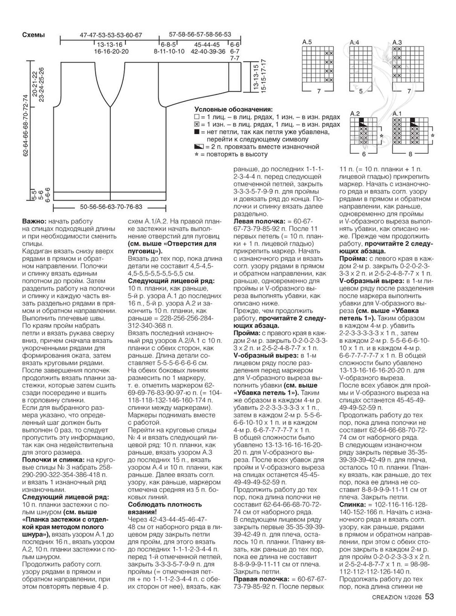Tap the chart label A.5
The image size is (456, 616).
click(x=307, y=42)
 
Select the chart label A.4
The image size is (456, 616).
click(x=354, y=42)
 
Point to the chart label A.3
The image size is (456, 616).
click(x=397, y=42)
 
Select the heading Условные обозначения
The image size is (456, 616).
click(x=233, y=109)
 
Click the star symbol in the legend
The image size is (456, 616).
click(x=197, y=155)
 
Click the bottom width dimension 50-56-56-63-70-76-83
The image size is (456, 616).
click(x=111, y=206)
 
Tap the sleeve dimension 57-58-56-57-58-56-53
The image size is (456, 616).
click(x=200, y=34)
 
